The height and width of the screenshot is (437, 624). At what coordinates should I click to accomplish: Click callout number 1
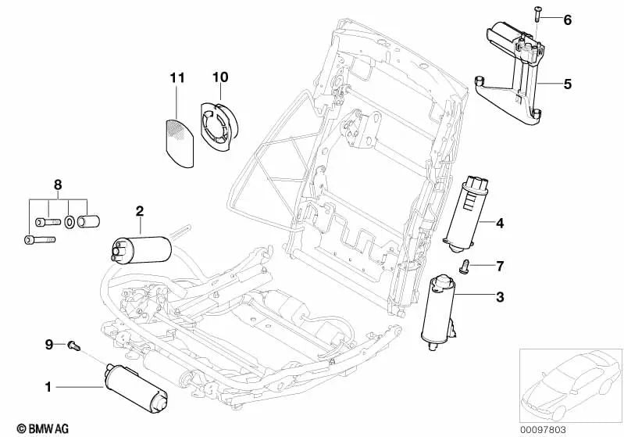pyautogui.click(x=48, y=385)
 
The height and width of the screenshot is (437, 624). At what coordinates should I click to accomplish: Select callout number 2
pyautogui.click(x=140, y=211)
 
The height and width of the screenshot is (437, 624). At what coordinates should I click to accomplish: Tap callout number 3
pyautogui.click(x=499, y=296)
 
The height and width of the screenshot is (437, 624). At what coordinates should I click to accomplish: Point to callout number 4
pyautogui.click(x=499, y=224)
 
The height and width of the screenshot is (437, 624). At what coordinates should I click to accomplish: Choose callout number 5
pyautogui.click(x=568, y=83)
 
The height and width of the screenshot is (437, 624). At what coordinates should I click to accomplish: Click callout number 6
pyautogui.click(x=568, y=20)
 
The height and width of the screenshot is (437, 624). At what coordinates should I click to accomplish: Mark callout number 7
pyautogui.click(x=499, y=267)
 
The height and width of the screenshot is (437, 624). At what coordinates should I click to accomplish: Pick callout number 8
pyautogui.click(x=56, y=184)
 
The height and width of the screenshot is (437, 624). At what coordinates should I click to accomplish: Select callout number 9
pyautogui.click(x=48, y=344)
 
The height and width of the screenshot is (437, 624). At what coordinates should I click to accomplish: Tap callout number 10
pyautogui.click(x=219, y=77)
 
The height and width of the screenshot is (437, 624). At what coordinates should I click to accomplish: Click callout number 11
pyautogui.click(x=177, y=77)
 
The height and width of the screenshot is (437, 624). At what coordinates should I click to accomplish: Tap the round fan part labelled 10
pyautogui.click(x=219, y=124)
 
